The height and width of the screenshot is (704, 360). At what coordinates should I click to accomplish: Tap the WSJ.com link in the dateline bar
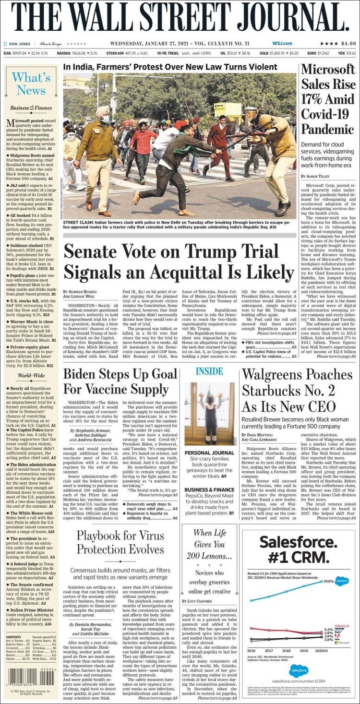[282, 43]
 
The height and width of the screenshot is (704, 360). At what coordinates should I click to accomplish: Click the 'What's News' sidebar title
[31, 83]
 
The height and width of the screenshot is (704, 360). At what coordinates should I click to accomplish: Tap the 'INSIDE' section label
[210, 371]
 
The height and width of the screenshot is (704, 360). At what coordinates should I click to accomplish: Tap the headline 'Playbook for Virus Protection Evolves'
[120, 543]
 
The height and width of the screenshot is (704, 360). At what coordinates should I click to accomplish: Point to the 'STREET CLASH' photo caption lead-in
[80, 222]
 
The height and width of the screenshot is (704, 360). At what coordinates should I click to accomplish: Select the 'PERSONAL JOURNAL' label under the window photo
[209, 453]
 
